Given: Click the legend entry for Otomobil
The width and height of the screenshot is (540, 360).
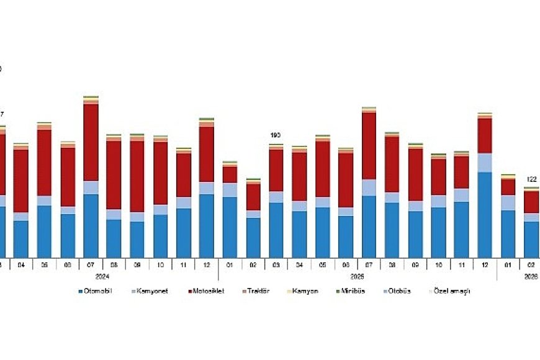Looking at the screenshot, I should pyautogui.click(x=98, y=291).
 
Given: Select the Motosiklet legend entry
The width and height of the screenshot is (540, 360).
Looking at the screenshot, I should pyautogui.click(x=208, y=291).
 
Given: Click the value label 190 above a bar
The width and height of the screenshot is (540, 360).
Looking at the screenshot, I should pyautogui.click(x=276, y=135).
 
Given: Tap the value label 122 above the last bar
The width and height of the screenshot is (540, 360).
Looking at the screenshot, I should pyautogui.click(x=531, y=179).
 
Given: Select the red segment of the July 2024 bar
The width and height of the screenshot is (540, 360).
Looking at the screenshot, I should pyautogui.click(x=91, y=142).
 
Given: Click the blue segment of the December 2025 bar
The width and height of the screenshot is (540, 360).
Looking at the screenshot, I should pyautogui.click(x=485, y=214).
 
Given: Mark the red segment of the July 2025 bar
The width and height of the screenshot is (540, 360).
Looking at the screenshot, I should pyautogui.click(x=369, y=146).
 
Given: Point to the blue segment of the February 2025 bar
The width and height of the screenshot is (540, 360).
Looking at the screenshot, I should pyautogui.click(x=253, y=237).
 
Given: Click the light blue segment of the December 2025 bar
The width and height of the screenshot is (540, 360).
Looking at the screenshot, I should pyautogui.click(x=485, y=163).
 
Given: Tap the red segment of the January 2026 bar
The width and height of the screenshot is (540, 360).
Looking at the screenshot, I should pyautogui.click(x=508, y=187).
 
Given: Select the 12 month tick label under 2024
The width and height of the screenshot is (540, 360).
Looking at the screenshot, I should pyautogui.click(x=207, y=264).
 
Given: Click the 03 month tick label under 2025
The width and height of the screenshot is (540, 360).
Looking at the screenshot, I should pyautogui.click(x=276, y=264).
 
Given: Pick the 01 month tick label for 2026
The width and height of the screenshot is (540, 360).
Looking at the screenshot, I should pyautogui.click(x=508, y=264).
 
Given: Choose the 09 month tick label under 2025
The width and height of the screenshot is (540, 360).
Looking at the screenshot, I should pyautogui.click(x=415, y=264).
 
